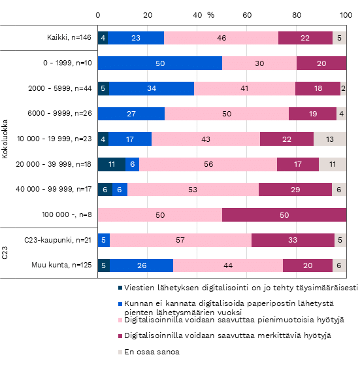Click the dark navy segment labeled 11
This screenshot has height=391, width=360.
(112, 164)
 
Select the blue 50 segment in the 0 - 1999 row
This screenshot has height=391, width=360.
(160, 63)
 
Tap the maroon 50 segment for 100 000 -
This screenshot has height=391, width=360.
(284, 215)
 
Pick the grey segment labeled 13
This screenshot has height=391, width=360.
(330, 139)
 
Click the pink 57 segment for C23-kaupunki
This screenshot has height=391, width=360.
(180, 240)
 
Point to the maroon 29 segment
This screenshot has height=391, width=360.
(295, 190)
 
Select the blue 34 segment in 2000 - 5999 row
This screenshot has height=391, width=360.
(152, 88)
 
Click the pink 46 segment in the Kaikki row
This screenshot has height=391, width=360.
(221, 38)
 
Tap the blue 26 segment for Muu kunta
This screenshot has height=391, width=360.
(142, 265)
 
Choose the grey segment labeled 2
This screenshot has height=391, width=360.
(343, 88)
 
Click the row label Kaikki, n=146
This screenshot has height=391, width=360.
(69, 37)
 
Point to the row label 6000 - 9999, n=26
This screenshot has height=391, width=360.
(59, 114)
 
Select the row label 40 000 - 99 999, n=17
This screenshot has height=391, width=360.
(54, 189)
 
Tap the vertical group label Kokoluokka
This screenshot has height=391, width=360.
(5, 139)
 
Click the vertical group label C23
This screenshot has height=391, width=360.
(5, 253)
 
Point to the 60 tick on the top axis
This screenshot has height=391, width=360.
(247, 15)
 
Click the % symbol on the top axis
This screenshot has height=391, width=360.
(211, 15)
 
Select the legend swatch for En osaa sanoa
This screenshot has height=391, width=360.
(120, 352)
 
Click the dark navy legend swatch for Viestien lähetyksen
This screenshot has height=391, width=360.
(120, 288)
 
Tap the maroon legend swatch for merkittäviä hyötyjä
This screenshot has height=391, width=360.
(120, 336)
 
